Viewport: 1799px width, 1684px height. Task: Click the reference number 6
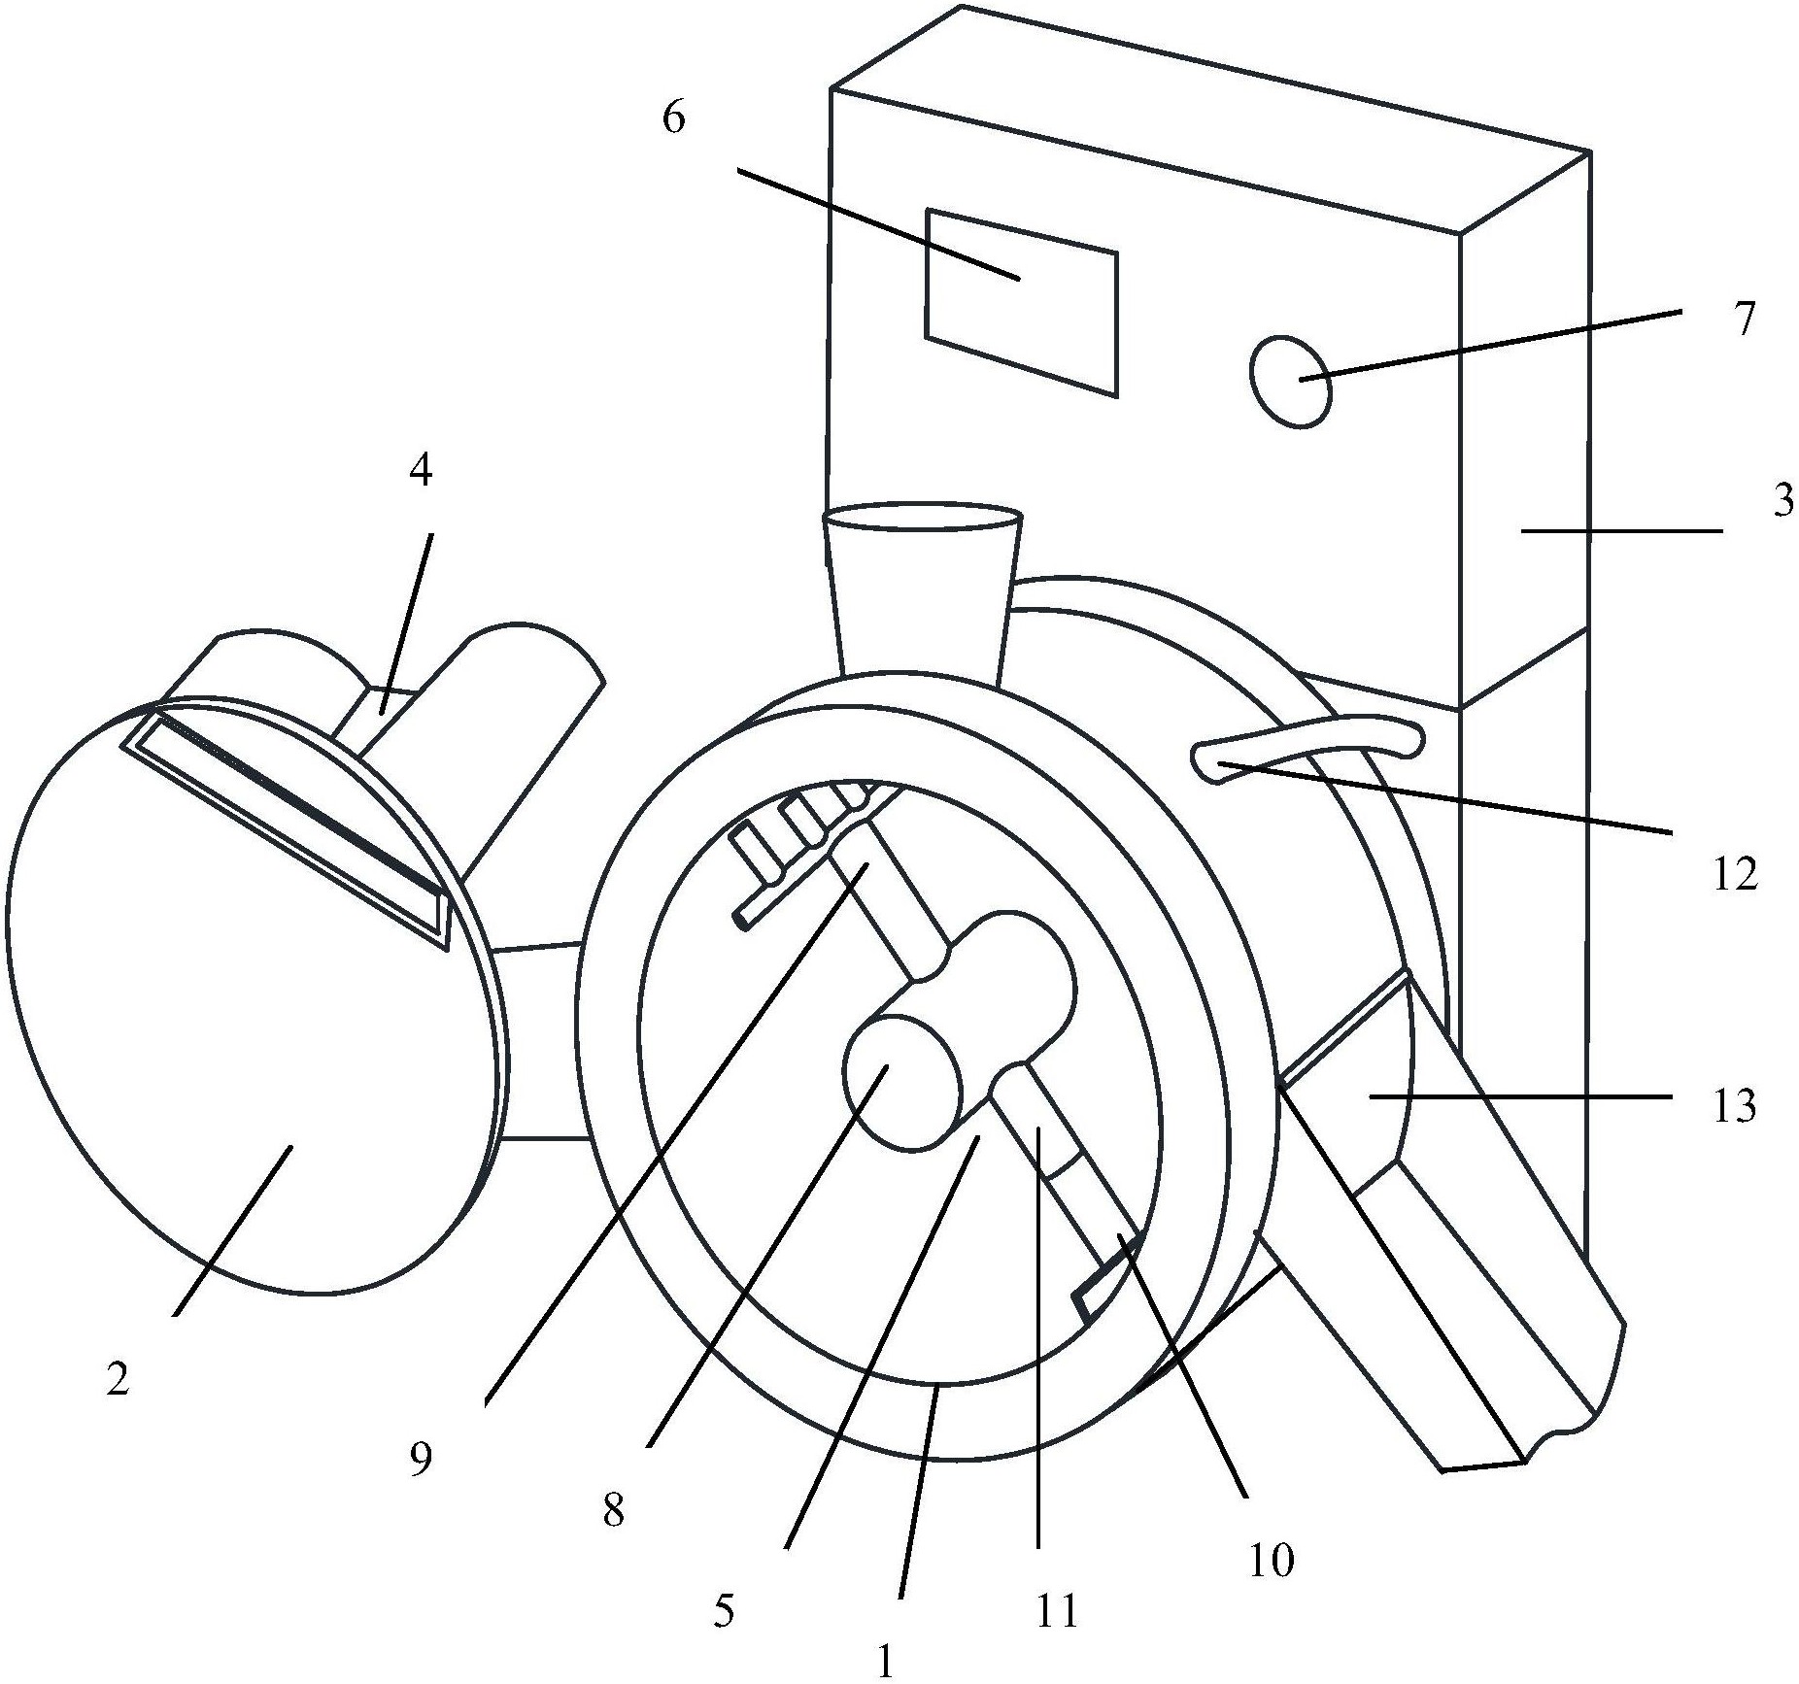[674, 118]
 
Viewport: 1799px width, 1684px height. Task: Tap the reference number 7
[1746, 320]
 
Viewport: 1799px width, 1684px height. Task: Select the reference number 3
[1782, 501]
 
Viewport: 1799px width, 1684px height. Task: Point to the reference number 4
[421, 470]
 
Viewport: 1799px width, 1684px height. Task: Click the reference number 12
[1736, 875]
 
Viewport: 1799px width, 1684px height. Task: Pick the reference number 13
[1734, 1106]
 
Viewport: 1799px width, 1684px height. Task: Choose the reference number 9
[421, 1460]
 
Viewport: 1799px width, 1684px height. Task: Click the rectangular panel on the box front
[1021, 302]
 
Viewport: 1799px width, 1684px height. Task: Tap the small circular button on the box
[1290, 381]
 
